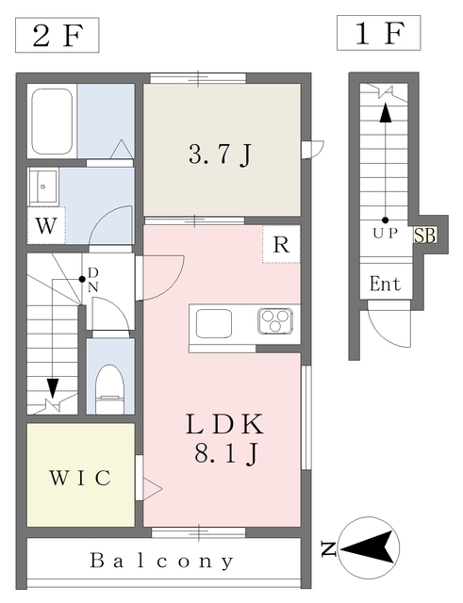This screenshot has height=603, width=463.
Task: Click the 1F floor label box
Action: (x=377, y=35)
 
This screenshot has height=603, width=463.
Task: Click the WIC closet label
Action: (x=80, y=478)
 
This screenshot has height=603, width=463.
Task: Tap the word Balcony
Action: (x=162, y=562)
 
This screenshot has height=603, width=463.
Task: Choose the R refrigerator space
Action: (x=281, y=244)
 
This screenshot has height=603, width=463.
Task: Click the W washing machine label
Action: (x=45, y=226)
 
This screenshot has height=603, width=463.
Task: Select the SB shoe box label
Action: (x=424, y=236)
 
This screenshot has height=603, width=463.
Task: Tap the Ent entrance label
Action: (x=385, y=284)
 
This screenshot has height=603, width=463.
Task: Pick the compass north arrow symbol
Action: (x=370, y=546)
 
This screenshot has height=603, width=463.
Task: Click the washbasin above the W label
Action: (x=43, y=186)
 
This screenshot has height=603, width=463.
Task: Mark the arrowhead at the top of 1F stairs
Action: (x=385, y=110)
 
